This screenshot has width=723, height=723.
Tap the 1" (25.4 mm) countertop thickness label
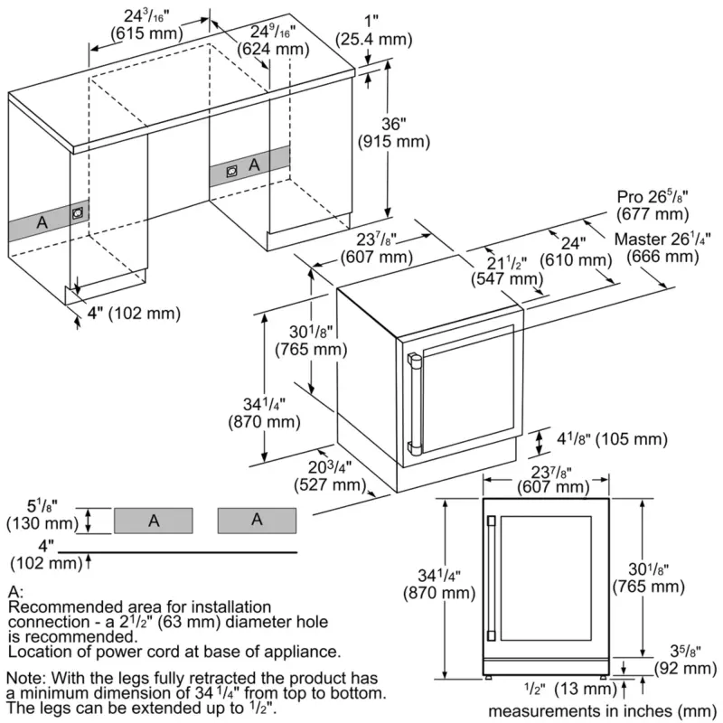[x=373, y=30]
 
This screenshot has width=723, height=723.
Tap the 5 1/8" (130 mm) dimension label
[x=40, y=515]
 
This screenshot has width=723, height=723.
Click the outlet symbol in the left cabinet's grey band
[x=78, y=213]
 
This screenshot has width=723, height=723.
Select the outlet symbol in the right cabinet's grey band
[x=231, y=169]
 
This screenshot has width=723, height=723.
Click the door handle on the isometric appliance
[x=414, y=402]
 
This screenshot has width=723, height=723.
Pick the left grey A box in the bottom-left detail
[x=154, y=520]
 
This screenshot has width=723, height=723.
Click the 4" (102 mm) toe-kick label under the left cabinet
[x=127, y=314]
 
